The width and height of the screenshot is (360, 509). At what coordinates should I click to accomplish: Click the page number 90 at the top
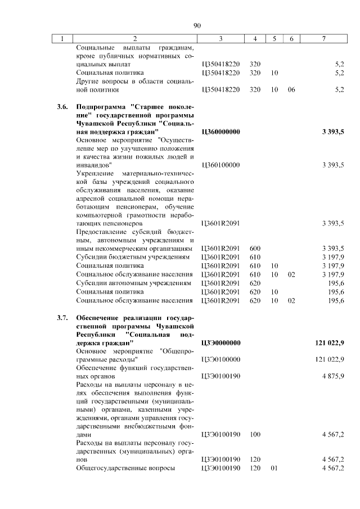[x=197, y=25]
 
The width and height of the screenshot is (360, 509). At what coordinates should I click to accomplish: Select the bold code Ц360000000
[x=220, y=132]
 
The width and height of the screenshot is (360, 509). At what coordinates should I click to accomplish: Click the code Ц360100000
[x=220, y=165]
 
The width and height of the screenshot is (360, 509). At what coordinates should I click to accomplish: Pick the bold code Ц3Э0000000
[x=220, y=343]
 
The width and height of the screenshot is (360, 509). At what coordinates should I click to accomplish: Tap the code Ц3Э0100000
[x=220, y=359]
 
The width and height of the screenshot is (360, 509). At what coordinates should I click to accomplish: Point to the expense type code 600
[x=255, y=248]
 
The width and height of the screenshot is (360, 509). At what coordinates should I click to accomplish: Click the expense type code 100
[x=255, y=434]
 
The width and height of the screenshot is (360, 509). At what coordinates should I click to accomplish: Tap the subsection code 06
[x=291, y=89]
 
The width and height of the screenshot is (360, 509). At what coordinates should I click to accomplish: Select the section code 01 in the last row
[x=274, y=468]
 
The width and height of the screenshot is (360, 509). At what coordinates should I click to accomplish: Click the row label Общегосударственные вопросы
[x=125, y=468]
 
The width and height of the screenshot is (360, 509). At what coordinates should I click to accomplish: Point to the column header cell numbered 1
[x=62, y=39]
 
